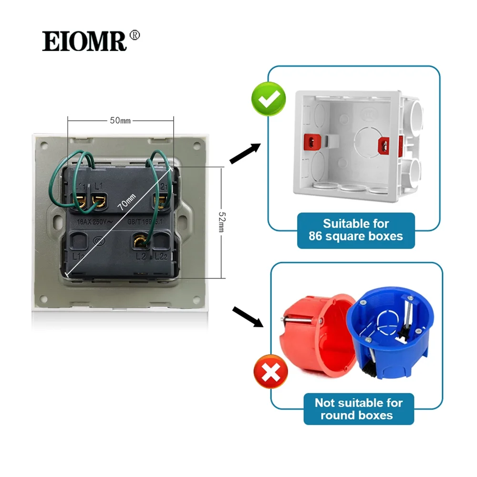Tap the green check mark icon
pos(269,99)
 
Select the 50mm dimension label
pos(120,121)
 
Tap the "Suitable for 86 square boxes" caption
pos(356,230)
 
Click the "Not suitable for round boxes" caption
pos(358,409)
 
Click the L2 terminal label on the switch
pos(140,257)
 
